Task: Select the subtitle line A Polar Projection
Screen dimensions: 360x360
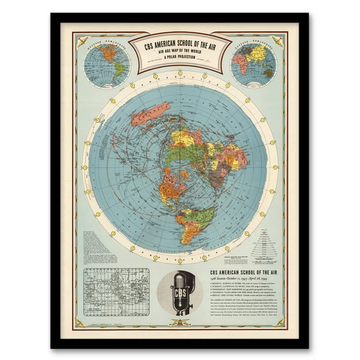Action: (179, 57)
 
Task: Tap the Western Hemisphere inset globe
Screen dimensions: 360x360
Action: (107, 65)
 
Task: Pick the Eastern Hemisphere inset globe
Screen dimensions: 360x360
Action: (253, 64)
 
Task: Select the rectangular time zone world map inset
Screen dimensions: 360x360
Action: (116, 291)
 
